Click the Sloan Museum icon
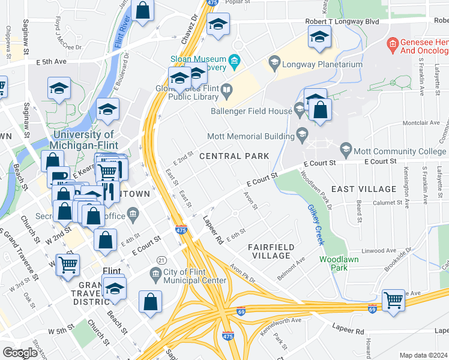point(235,60)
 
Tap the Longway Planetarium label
point(323,64)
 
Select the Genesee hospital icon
point(393,43)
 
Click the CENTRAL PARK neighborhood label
point(234,156)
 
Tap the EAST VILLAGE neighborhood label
point(364,189)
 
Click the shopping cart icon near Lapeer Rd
point(393,299)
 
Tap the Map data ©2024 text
point(423,355)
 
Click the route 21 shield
point(161,259)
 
